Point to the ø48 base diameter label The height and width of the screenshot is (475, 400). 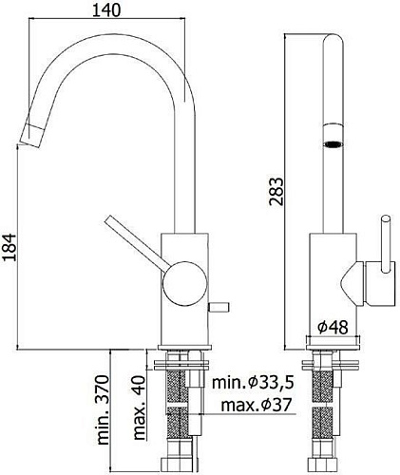334,327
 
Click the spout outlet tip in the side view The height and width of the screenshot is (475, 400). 29,134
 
